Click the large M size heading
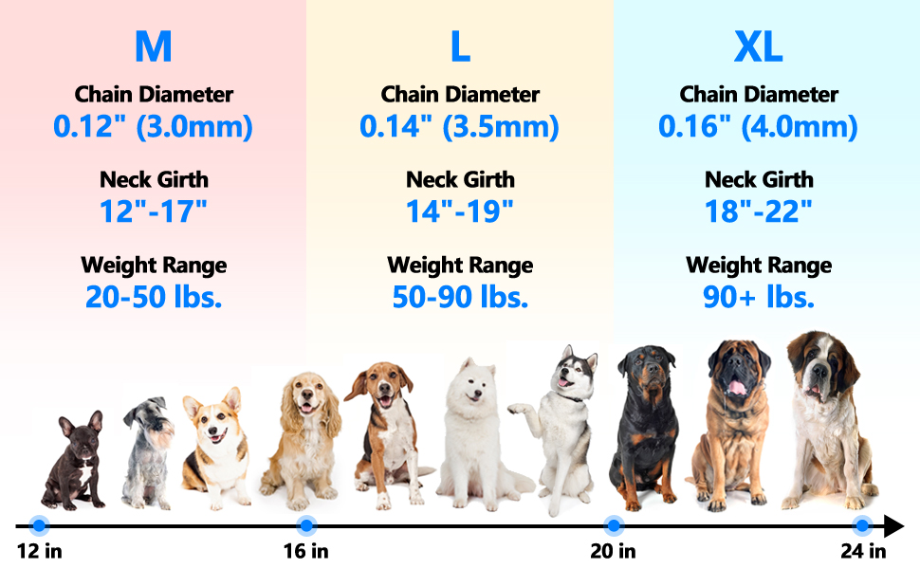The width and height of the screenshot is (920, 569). (x=154, y=47)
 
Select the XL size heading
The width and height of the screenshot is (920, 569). (x=759, y=47)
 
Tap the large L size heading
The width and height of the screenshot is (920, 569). (x=460, y=47)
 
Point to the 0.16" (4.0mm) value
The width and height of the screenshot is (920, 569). (x=759, y=127)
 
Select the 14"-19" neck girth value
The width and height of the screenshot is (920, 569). (x=460, y=211)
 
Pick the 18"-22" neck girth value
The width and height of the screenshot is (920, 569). (x=759, y=211)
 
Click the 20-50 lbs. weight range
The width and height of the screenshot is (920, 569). (x=154, y=297)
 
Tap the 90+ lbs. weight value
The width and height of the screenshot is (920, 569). (x=759, y=297)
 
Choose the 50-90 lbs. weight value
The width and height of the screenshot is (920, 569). (x=460, y=297)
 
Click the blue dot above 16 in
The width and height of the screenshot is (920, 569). (x=306, y=524)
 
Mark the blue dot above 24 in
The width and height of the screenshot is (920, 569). (x=862, y=524)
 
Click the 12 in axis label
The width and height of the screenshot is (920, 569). (x=39, y=551)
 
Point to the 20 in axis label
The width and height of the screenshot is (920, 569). (x=614, y=551)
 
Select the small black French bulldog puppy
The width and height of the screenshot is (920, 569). (x=76, y=460)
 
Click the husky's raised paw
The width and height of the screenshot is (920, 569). (x=518, y=411)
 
